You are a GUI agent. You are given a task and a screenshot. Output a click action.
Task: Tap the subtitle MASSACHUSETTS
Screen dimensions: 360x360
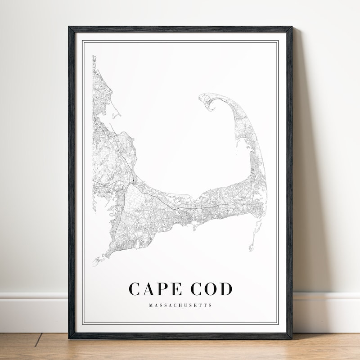click(180, 305)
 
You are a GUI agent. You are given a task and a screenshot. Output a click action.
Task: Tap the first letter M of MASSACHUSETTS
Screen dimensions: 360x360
click(150, 305)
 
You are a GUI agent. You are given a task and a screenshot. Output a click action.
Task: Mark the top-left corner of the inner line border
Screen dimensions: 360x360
click(82, 40)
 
